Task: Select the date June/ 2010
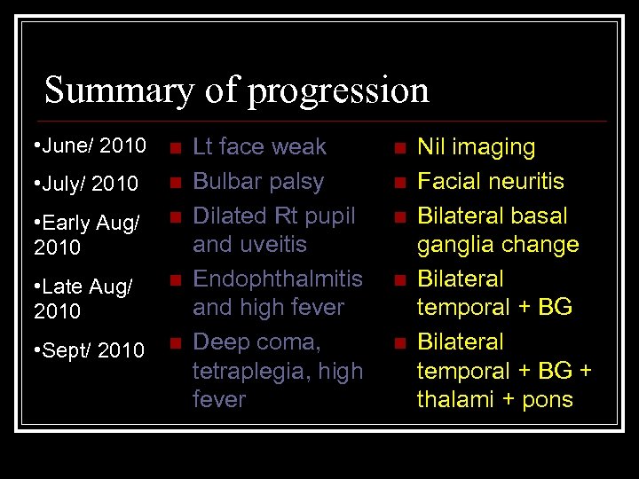[x=87, y=145]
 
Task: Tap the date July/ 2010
[x=87, y=184]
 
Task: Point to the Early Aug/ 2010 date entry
[x=86, y=234]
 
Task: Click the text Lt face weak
[x=259, y=146]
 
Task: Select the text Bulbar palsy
[x=258, y=182]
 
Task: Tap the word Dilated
[x=230, y=216]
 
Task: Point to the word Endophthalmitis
[x=278, y=279]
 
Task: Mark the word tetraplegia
[x=253, y=371]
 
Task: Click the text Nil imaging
[x=476, y=147]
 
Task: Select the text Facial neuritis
[x=491, y=182]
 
